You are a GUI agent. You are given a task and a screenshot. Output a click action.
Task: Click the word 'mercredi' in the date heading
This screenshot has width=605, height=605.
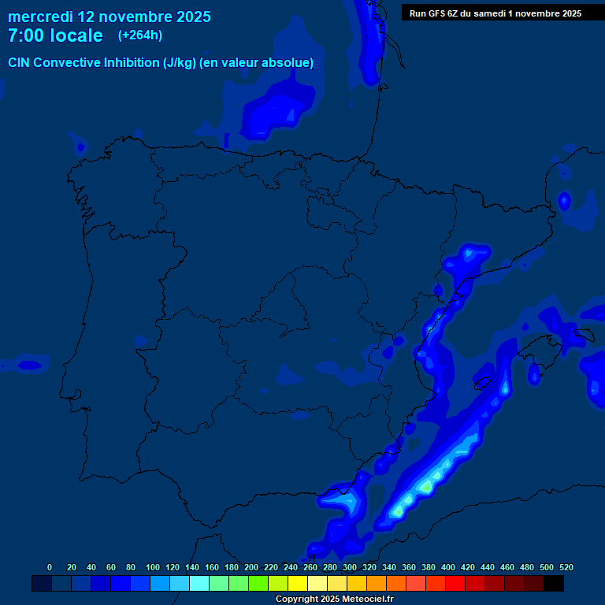tap(40, 17)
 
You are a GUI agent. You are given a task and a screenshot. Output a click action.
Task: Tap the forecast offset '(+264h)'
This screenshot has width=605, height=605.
tap(140, 35)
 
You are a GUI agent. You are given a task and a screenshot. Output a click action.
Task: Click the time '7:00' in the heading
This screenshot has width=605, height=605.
tap(25, 36)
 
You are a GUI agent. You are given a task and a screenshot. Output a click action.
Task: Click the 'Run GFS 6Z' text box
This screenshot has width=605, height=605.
tap(496, 13)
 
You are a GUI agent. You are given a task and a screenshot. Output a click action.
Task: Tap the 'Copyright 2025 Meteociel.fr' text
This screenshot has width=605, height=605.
tap(334, 599)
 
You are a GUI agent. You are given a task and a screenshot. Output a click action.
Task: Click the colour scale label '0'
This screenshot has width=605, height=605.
tap(50, 567)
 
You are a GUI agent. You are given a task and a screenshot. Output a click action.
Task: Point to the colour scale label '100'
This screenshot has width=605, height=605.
tap(153, 567)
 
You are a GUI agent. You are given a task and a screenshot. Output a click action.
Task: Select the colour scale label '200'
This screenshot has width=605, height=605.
tap(251, 567)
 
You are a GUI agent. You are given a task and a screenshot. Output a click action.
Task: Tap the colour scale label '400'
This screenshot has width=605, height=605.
tap(448, 567)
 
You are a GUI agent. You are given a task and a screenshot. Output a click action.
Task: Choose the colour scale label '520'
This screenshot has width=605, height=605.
tap(566, 567)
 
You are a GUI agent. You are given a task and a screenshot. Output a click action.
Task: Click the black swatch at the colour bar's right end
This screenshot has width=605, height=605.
tap(554, 584)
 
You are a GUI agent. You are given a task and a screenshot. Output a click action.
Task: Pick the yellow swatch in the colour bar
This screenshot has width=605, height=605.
tap(298, 584)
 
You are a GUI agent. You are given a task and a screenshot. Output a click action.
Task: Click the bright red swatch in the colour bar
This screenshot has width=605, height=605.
tap(455, 584)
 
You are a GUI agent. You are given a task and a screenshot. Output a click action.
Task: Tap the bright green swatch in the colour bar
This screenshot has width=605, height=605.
tap(258, 584)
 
